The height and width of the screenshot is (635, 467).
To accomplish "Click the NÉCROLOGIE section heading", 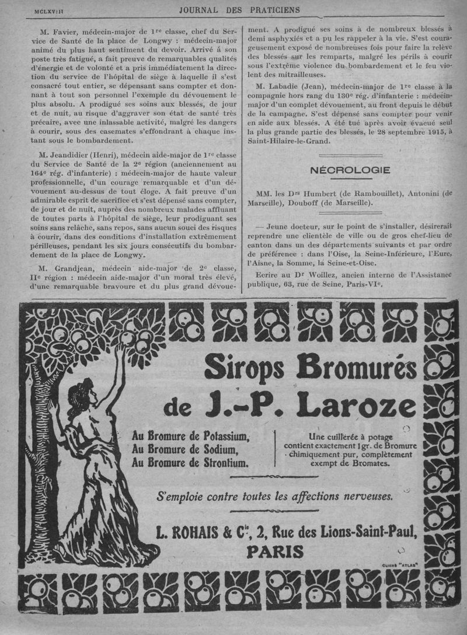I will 350,170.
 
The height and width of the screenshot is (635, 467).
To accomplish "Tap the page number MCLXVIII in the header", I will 51,11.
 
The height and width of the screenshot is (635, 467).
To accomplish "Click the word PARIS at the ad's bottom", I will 276,552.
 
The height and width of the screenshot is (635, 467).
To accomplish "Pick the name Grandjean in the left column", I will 68,268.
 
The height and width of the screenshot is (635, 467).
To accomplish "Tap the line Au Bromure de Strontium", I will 190,463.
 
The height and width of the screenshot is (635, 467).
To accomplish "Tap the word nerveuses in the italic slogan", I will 363,496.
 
